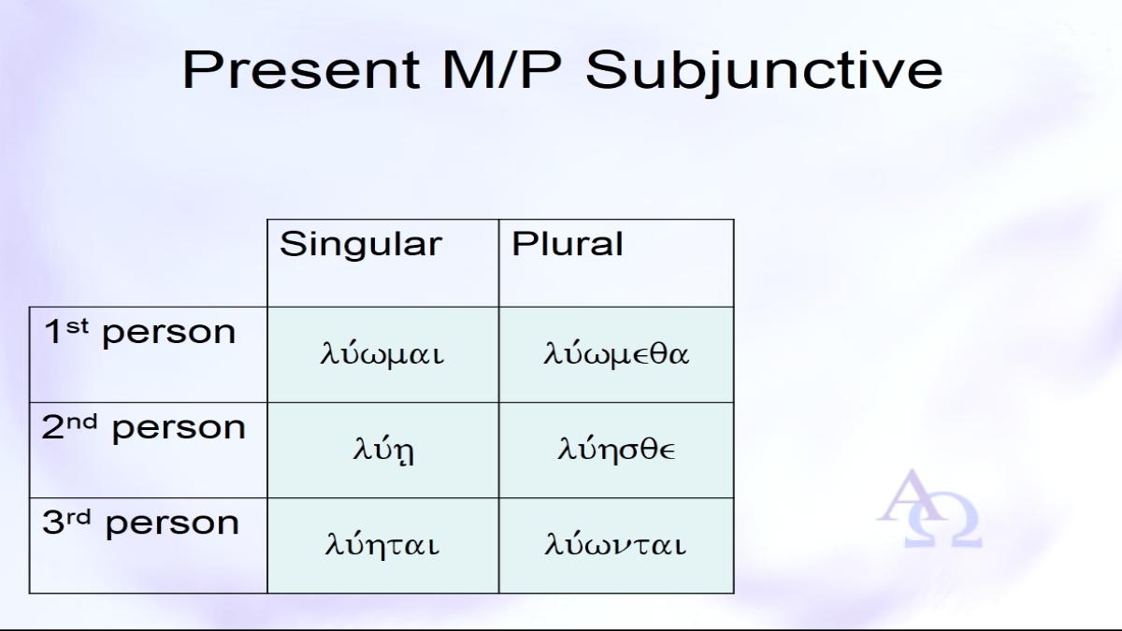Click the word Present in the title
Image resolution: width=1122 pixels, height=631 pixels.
(x=301, y=69)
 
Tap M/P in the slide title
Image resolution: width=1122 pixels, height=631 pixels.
(x=501, y=69)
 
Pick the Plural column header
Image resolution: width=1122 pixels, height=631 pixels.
(x=567, y=244)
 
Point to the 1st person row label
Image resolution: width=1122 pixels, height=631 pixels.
(x=139, y=332)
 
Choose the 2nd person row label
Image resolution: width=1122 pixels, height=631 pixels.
(x=143, y=428)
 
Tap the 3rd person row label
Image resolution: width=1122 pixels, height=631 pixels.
(x=141, y=523)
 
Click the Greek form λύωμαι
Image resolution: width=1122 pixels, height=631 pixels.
(x=382, y=353)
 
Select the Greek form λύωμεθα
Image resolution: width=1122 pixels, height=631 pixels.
(x=616, y=353)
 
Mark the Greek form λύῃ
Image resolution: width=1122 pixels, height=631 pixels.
(x=383, y=450)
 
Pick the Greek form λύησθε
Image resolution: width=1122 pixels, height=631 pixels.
(x=616, y=449)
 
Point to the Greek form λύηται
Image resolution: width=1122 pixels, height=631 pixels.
(x=382, y=544)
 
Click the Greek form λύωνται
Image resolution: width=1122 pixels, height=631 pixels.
(x=615, y=544)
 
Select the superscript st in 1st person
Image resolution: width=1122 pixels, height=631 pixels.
(x=77, y=326)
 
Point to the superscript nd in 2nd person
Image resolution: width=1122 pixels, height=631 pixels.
(x=82, y=422)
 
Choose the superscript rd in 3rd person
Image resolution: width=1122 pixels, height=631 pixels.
(x=79, y=517)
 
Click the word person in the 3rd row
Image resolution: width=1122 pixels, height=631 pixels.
(x=172, y=525)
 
